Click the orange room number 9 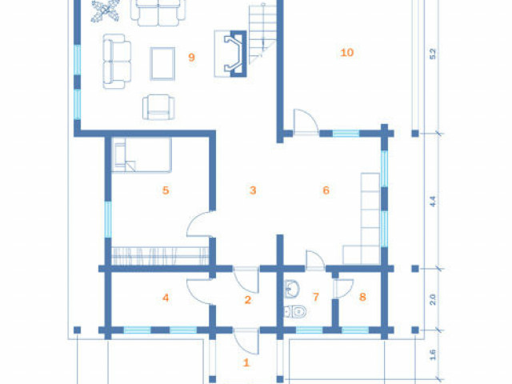point(192,58)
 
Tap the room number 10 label point(346,52)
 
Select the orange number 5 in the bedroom point(166,190)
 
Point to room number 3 point(253,190)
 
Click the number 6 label point(326,190)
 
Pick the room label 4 point(166,298)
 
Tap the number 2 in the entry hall point(247,300)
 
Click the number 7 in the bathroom point(316,297)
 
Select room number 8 point(362,297)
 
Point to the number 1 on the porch point(246,362)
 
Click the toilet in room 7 point(295,311)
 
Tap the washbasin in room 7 point(292,289)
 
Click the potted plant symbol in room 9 point(105,11)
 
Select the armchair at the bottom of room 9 point(158,107)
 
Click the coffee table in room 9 point(162,63)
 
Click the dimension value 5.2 point(433,54)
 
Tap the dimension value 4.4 point(433,201)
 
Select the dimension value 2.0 point(433,299)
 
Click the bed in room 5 point(142,154)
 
